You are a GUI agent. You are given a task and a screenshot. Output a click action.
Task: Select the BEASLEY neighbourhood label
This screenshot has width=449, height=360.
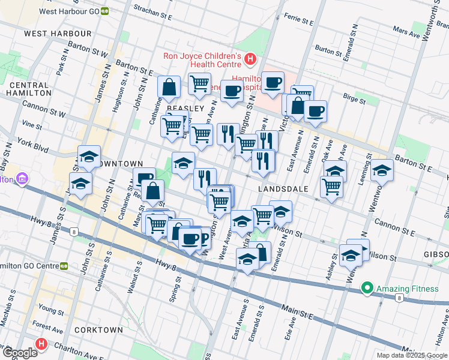coord(182,108)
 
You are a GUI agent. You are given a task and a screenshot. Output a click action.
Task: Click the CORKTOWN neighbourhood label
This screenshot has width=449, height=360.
coord(99,330)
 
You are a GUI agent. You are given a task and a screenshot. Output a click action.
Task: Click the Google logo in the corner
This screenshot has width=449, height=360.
coord(19,353)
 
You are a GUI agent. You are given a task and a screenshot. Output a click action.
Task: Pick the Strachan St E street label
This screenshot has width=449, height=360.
coord(157,10)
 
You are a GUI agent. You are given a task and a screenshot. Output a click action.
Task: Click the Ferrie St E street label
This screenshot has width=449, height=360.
coord(300,21)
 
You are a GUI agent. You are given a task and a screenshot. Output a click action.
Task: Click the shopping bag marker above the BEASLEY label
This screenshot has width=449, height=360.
coord(169,87)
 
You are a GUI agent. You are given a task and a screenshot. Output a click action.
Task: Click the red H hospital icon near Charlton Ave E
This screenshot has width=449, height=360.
coord(41,344)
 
